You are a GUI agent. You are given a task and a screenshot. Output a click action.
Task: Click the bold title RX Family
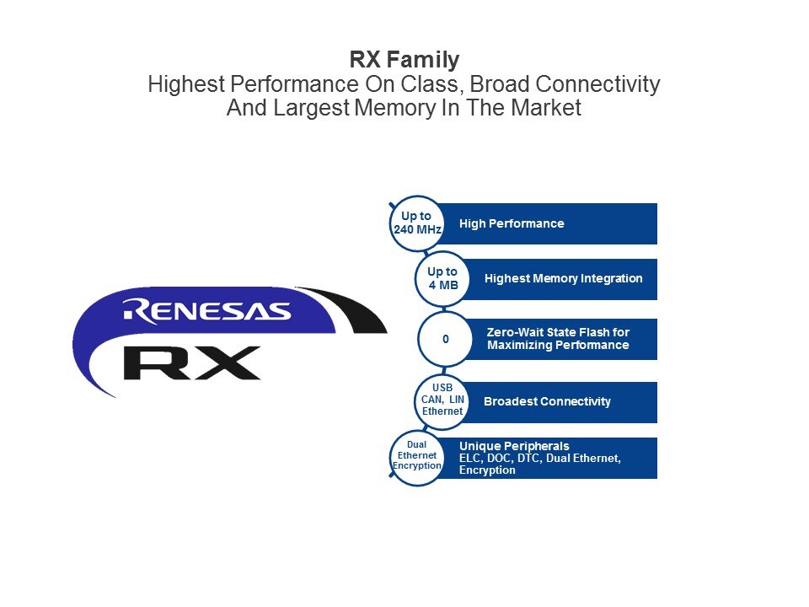click(x=404, y=59)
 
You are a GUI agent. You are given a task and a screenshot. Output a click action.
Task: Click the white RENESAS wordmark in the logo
click(x=207, y=311)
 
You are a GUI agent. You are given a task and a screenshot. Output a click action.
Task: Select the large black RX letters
click(x=192, y=363)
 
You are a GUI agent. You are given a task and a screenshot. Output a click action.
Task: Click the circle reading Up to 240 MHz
click(x=417, y=223)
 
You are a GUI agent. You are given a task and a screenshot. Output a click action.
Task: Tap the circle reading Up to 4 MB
click(x=442, y=279)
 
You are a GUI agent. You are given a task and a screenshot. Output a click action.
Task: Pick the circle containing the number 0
click(x=445, y=339)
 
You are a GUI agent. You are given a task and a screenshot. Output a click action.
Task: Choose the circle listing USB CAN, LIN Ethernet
click(x=442, y=400)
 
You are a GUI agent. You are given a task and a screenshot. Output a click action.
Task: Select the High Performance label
click(x=512, y=223)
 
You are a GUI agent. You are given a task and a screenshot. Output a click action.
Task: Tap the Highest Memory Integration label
click(x=564, y=279)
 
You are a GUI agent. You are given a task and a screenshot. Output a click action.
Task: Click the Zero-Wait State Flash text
click(x=558, y=332)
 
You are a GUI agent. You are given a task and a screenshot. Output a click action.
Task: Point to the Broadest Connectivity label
click(x=547, y=401)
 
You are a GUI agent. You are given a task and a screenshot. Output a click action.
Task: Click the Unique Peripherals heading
click(x=514, y=446)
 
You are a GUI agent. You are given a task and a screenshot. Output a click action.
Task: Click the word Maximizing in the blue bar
click(x=517, y=346)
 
